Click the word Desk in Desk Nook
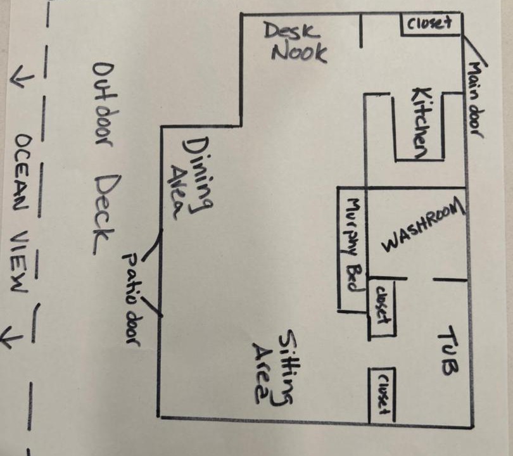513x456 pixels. point(292,30)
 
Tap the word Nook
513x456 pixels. point(300,53)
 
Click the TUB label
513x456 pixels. point(448,351)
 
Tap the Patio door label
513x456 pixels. point(135,298)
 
